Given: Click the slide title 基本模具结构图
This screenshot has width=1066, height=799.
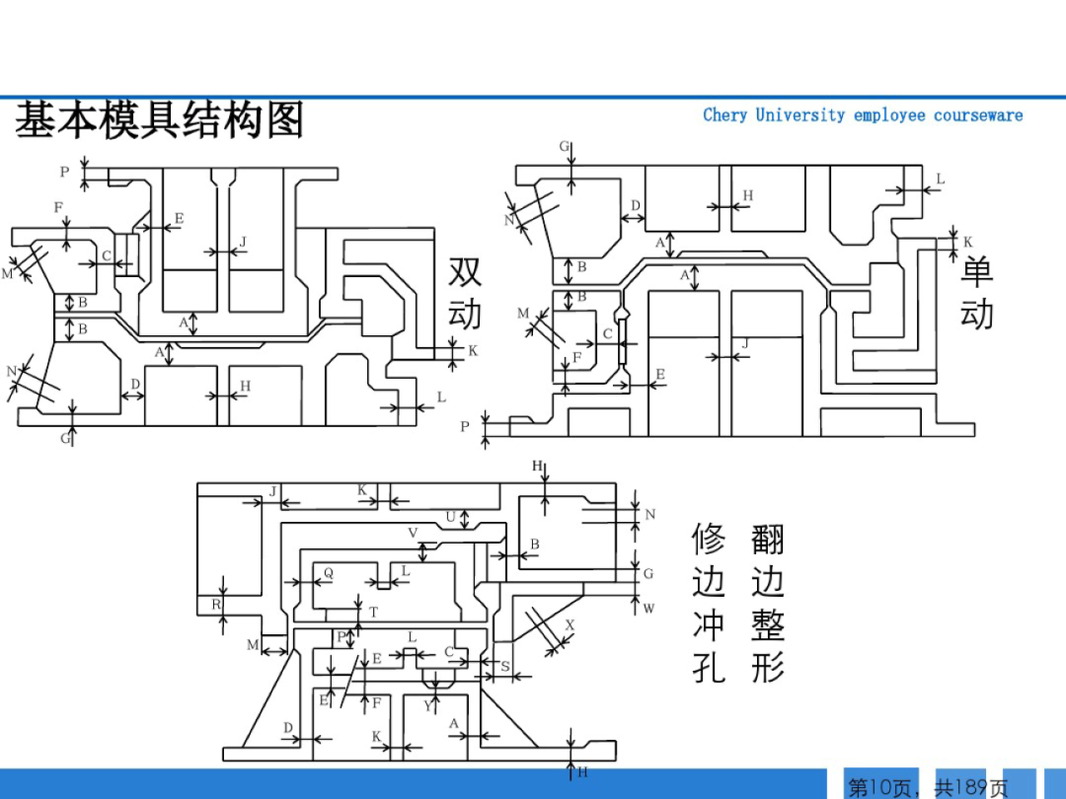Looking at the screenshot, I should click(x=159, y=121).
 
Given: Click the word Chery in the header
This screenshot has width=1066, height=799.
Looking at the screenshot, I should click(x=724, y=115).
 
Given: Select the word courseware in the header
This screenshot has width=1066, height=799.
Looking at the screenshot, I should click(x=978, y=115).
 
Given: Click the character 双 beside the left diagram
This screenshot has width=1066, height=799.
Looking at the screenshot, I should click(x=465, y=271).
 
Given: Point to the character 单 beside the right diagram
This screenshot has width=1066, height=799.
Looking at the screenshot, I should click(x=977, y=271).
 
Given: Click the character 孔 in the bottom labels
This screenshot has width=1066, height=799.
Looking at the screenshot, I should click(x=709, y=668).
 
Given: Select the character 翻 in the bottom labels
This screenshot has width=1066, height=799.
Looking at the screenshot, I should click(x=768, y=540).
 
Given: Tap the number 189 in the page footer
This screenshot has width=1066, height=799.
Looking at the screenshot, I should click(x=972, y=787).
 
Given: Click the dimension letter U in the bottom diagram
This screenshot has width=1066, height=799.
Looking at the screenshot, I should click(x=450, y=516).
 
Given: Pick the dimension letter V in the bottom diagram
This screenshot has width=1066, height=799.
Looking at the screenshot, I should click(x=413, y=533).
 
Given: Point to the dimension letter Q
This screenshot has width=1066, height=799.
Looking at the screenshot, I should click(x=329, y=573).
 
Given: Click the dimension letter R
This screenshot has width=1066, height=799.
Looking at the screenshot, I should click(x=216, y=605).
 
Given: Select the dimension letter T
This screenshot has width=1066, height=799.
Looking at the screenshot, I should click(x=373, y=613).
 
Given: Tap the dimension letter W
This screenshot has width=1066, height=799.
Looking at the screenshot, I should click(x=648, y=609).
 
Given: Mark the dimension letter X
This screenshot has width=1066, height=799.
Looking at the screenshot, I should click(x=570, y=625).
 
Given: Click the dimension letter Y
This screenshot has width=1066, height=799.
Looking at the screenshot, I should click(x=427, y=705).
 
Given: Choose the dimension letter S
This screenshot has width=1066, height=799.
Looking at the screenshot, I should click(x=505, y=667).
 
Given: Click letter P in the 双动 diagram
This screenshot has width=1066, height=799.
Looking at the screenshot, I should click(x=64, y=172).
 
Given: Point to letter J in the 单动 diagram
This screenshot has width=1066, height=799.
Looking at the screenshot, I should click(x=744, y=343).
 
